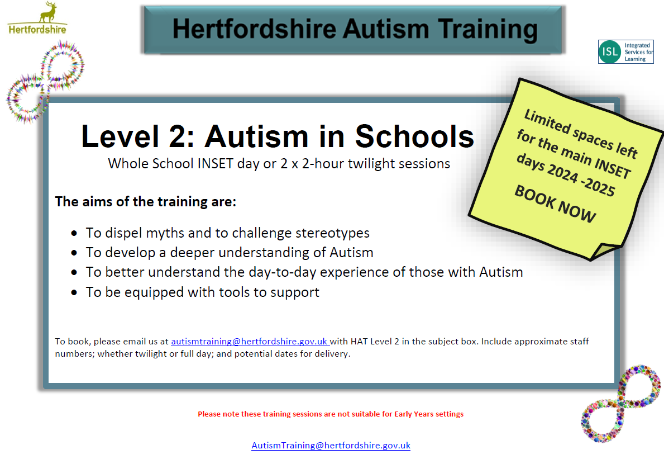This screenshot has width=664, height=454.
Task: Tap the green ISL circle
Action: [x=610, y=51]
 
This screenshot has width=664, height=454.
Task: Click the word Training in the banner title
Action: [x=488, y=29]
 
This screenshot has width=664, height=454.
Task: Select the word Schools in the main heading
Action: [x=414, y=136]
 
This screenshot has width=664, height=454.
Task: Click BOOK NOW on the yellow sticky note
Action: [x=555, y=204]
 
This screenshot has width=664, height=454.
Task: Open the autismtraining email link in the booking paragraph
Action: [x=250, y=342]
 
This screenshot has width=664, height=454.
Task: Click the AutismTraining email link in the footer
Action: [x=331, y=446]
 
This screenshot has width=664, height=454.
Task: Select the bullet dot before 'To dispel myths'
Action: [x=74, y=233]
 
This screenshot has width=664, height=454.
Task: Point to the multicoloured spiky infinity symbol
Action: [x=45, y=82]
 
